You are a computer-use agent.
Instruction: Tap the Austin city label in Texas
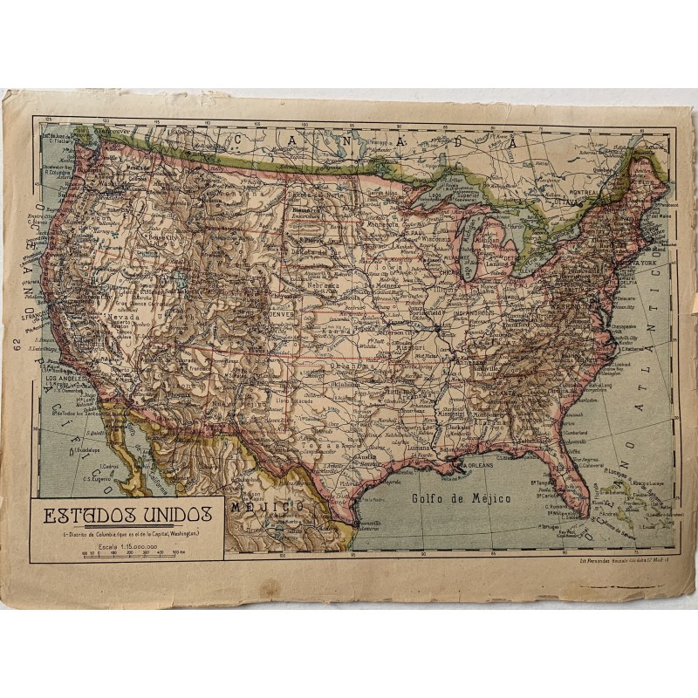364,455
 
